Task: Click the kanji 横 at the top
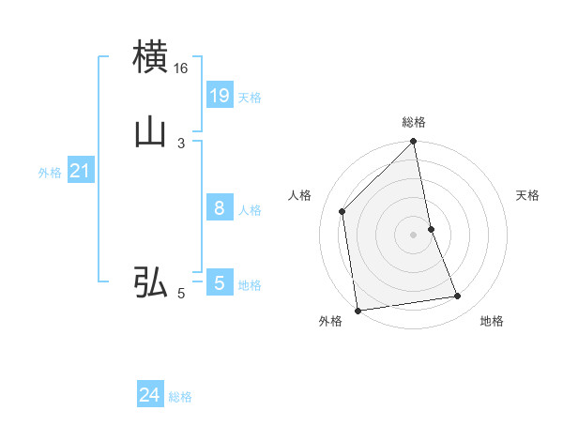point(150,56)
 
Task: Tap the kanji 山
point(150,131)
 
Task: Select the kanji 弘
point(150,281)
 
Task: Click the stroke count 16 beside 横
point(180,68)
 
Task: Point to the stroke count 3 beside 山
point(180,144)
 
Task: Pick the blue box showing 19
point(220,96)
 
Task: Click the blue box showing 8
point(220,208)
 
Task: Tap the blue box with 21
point(81,171)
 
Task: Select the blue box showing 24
point(150,396)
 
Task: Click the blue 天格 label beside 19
point(250,98)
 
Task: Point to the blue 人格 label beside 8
point(250,210)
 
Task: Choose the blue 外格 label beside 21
point(50,173)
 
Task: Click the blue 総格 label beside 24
point(180,398)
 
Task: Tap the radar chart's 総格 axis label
point(414,122)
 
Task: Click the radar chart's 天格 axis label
point(527,195)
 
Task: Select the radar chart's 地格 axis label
point(492,322)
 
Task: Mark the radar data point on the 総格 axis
point(414,143)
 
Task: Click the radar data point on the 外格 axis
point(357,310)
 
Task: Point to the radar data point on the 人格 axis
point(342,211)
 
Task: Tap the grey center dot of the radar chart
point(414,235)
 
